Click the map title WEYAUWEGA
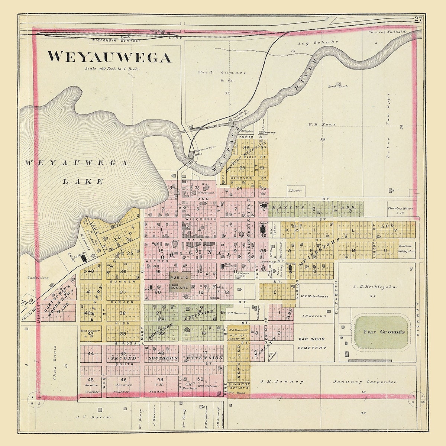[x=109, y=57]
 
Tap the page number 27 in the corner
[x=418, y=20]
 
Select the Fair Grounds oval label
[x=384, y=332]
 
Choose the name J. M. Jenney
[x=282, y=382]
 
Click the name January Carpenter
[x=365, y=382]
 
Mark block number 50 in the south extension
[x=200, y=379]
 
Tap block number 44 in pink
[x=91, y=353]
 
